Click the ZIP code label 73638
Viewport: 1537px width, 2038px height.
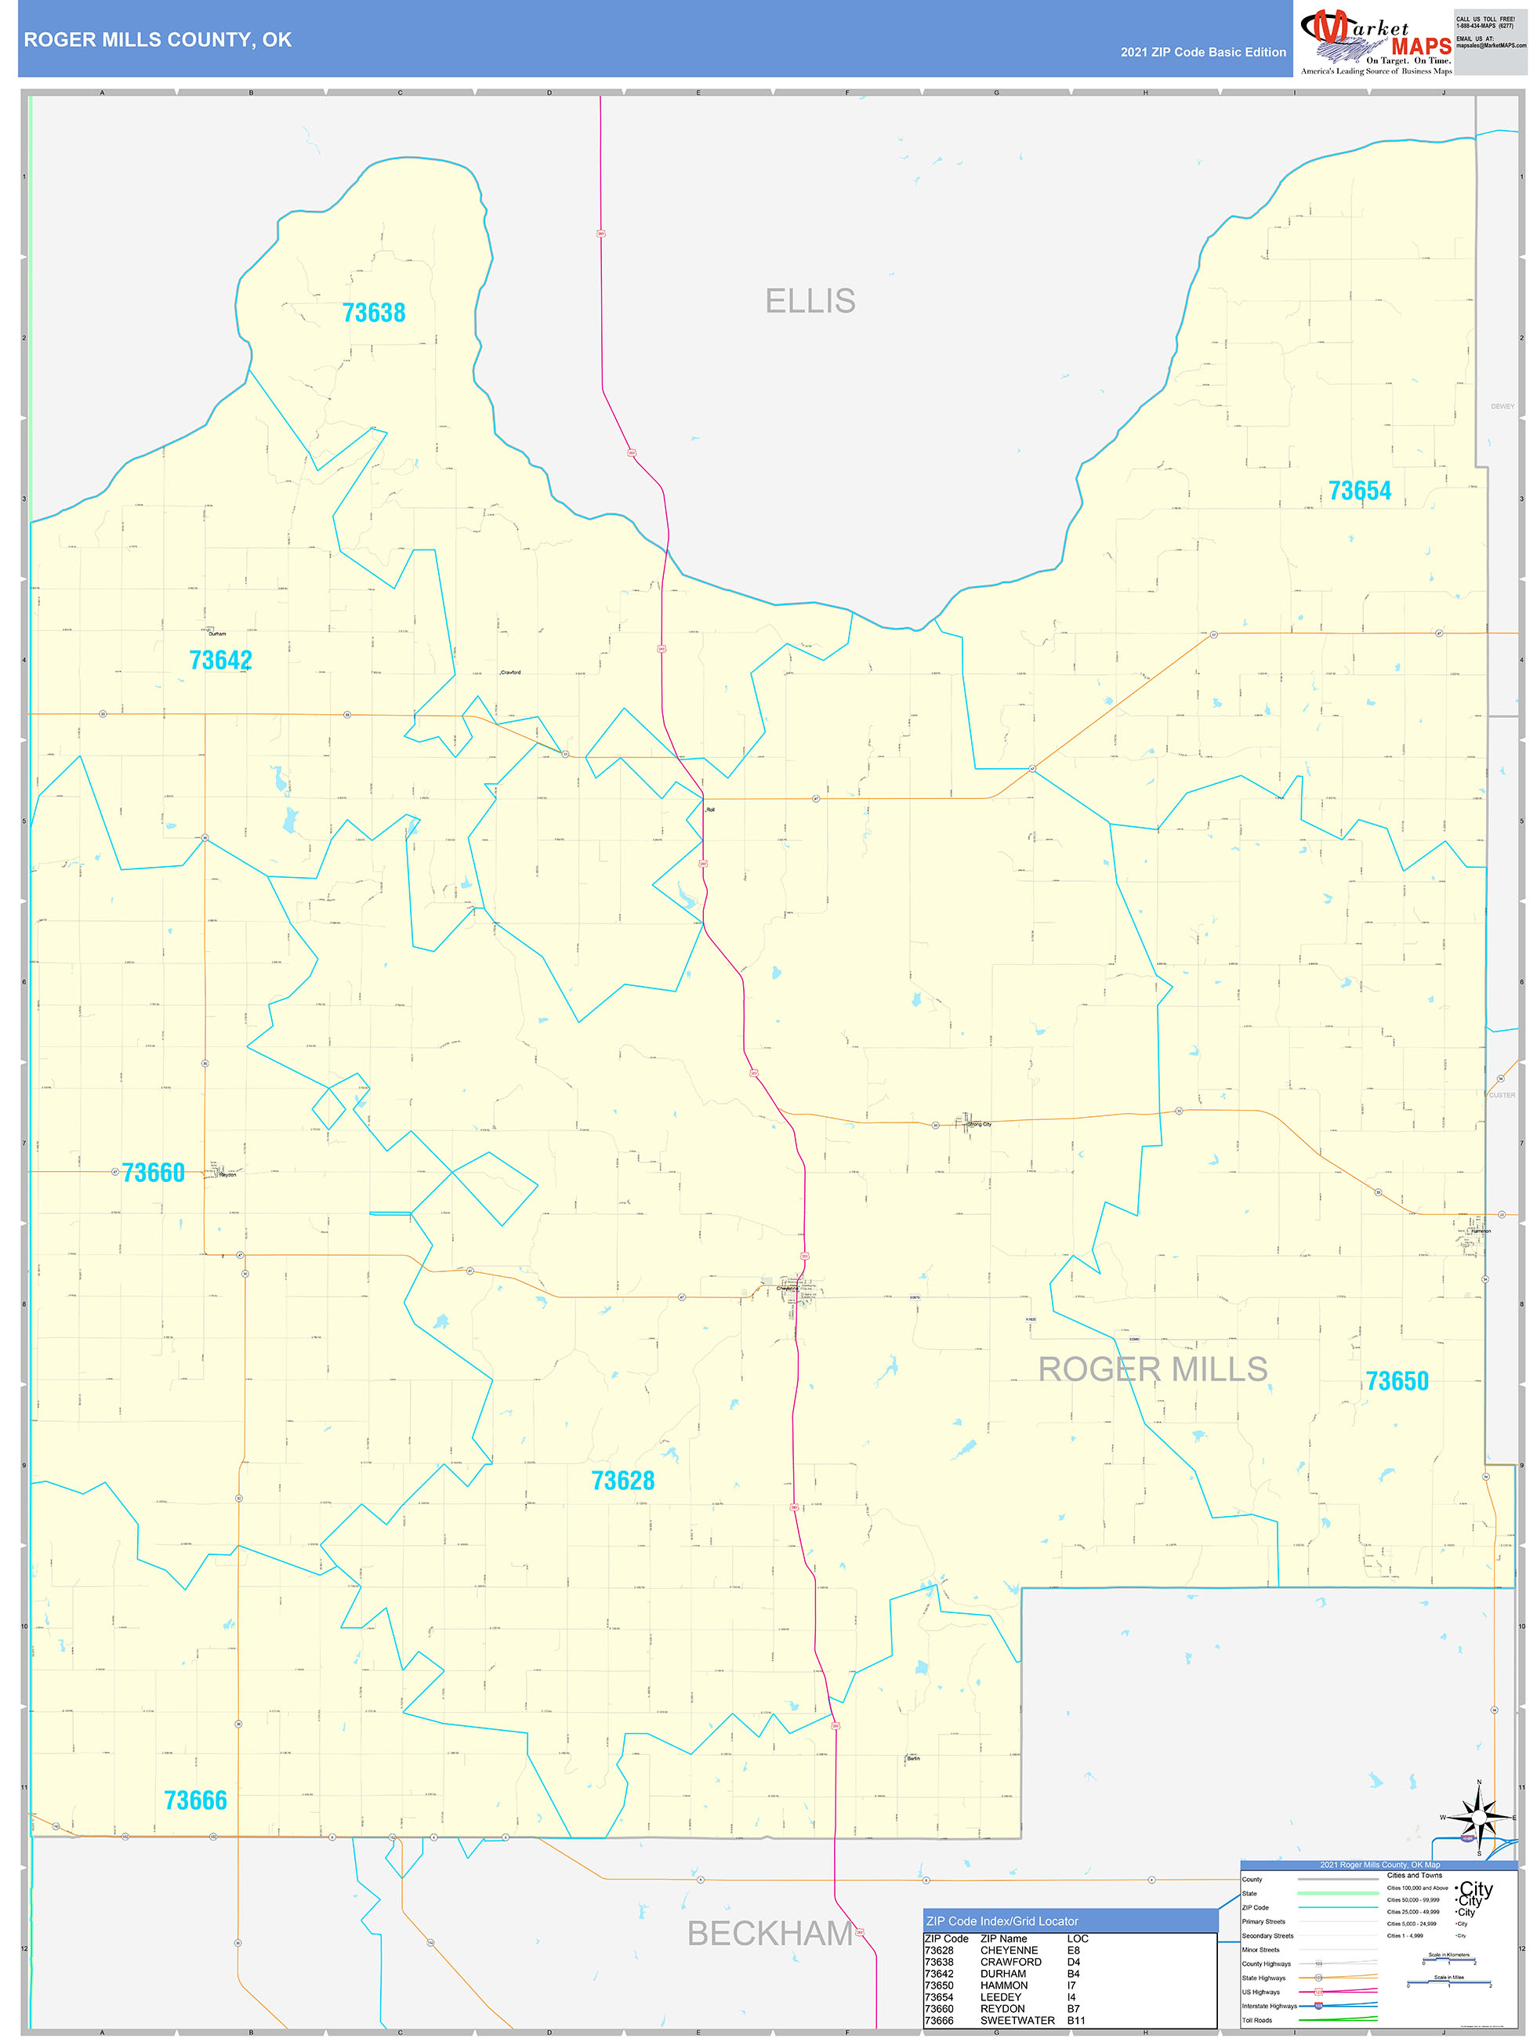tap(373, 314)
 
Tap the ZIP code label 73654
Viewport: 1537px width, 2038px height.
tap(1359, 491)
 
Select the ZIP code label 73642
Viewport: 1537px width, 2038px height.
tap(220, 661)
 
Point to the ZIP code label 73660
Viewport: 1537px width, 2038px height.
tap(153, 1173)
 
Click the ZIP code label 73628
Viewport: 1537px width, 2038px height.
tap(623, 1481)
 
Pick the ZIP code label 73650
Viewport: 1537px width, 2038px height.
tap(1397, 1381)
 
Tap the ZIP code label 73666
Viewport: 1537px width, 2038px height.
tap(195, 1800)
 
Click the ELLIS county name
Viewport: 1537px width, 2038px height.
tap(810, 301)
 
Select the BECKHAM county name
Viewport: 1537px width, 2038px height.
tap(770, 1933)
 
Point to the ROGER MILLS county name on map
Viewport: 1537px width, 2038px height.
tap(1153, 1369)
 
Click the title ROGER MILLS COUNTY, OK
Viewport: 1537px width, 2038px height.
tap(158, 40)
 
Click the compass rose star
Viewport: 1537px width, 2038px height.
tap(1479, 1818)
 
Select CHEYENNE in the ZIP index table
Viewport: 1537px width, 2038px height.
tap(1009, 1950)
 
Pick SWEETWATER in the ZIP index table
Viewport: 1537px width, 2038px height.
tap(1017, 2021)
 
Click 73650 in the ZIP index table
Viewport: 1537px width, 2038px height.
tap(939, 1985)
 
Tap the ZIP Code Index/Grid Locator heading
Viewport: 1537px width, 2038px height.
tap(1002, 1921)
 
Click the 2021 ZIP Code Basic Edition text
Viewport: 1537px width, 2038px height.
tap(1202, 53)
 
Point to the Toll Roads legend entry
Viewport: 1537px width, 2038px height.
tap(1257, 2021)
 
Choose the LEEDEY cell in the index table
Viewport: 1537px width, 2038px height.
tap(1001, 1997)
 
